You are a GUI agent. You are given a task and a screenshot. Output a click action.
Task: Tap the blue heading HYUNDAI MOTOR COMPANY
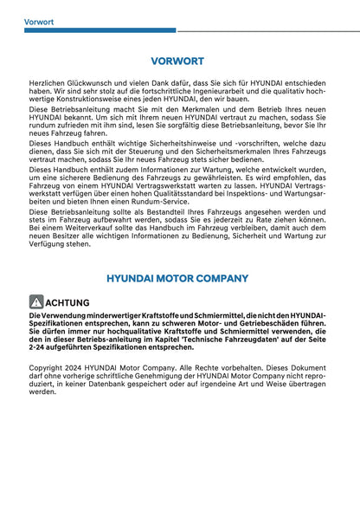177,278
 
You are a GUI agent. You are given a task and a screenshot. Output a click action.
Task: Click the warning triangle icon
35,302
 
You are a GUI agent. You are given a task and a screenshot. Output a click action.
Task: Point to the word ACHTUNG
66,302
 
